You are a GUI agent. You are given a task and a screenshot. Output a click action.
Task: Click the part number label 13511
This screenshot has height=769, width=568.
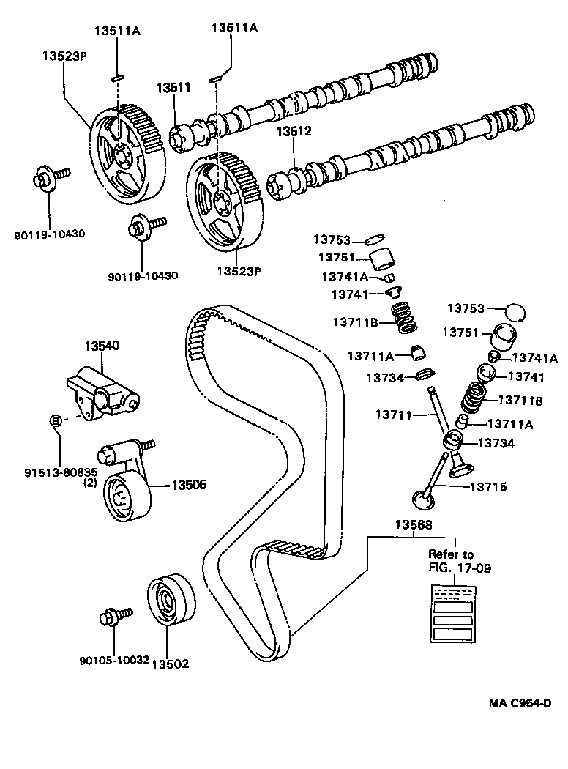(x=173, y=87)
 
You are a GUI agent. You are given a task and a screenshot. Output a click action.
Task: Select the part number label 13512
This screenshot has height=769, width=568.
(x=294, y=132)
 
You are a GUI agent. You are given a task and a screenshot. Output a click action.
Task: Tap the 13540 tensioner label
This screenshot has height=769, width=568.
(x=101, y=345)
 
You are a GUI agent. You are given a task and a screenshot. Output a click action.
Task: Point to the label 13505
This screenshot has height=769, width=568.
(x=189, y=484)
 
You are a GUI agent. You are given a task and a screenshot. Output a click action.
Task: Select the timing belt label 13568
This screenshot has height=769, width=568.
(x=414, y=524)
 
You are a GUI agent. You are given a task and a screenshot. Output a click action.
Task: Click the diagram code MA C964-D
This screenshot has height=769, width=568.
(x=520, y=703)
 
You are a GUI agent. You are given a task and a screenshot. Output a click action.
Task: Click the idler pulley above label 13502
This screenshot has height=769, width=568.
(x=171, y=600)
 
